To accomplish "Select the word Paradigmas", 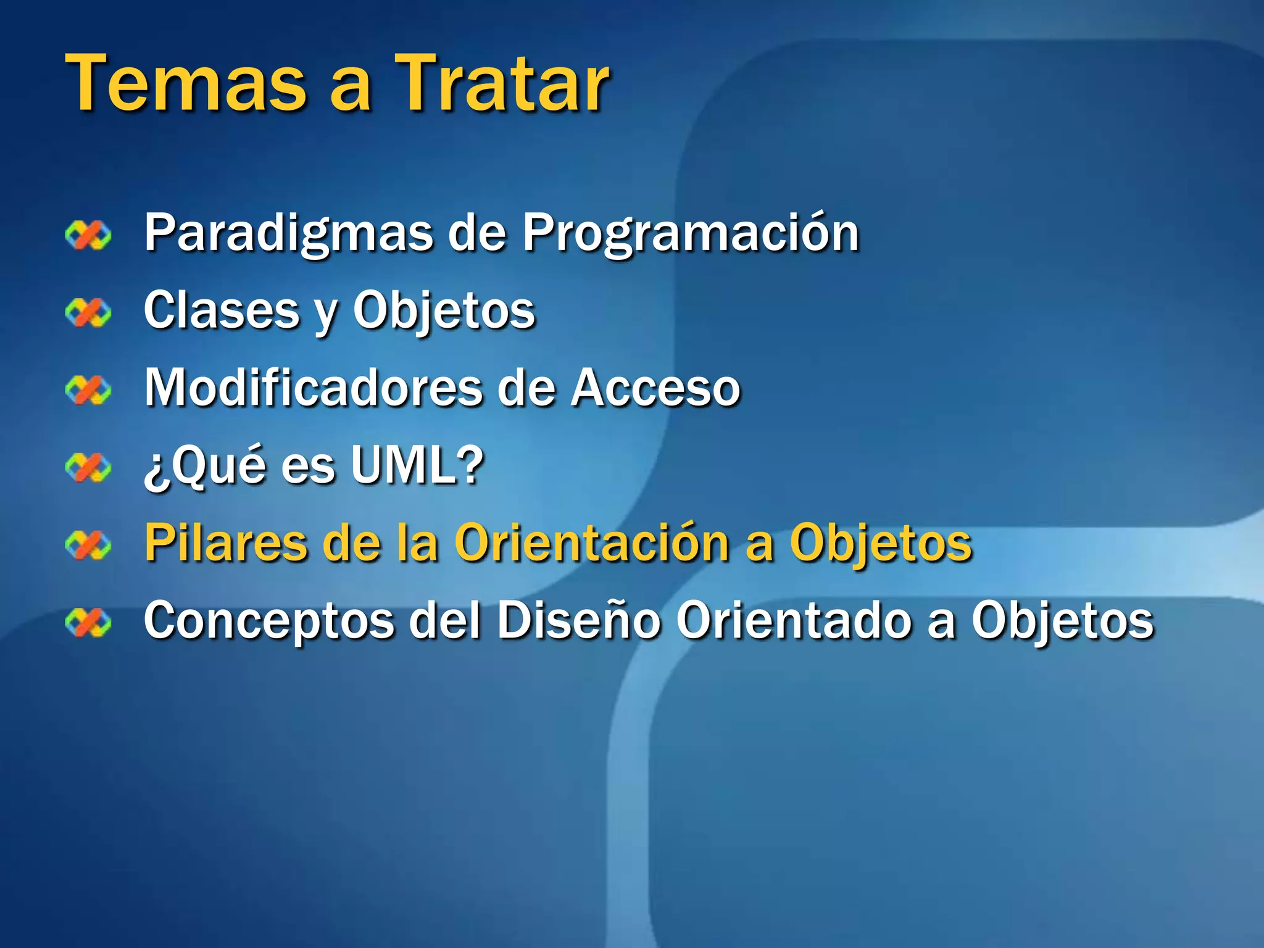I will (x=289, y=233).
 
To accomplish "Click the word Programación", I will (x=691, y=233).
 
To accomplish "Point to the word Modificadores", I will (x=313, y=388).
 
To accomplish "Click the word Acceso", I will (x=655, y=388).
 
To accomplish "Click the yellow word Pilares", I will (x=225, y=543).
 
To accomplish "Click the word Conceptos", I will (x=268, y=620).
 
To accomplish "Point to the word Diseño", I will (x=579, y=620).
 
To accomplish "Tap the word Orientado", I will (x=794, y=620).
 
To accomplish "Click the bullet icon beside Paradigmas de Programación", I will (x=88, y=235).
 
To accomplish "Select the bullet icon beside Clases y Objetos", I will (x=88, y=312).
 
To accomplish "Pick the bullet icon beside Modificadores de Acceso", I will (x=88, y=390).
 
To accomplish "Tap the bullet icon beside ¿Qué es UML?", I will (x=88, y=467).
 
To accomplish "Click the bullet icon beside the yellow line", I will (x=88, y=545).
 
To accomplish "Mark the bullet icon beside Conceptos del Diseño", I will (x=88, y=622).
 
